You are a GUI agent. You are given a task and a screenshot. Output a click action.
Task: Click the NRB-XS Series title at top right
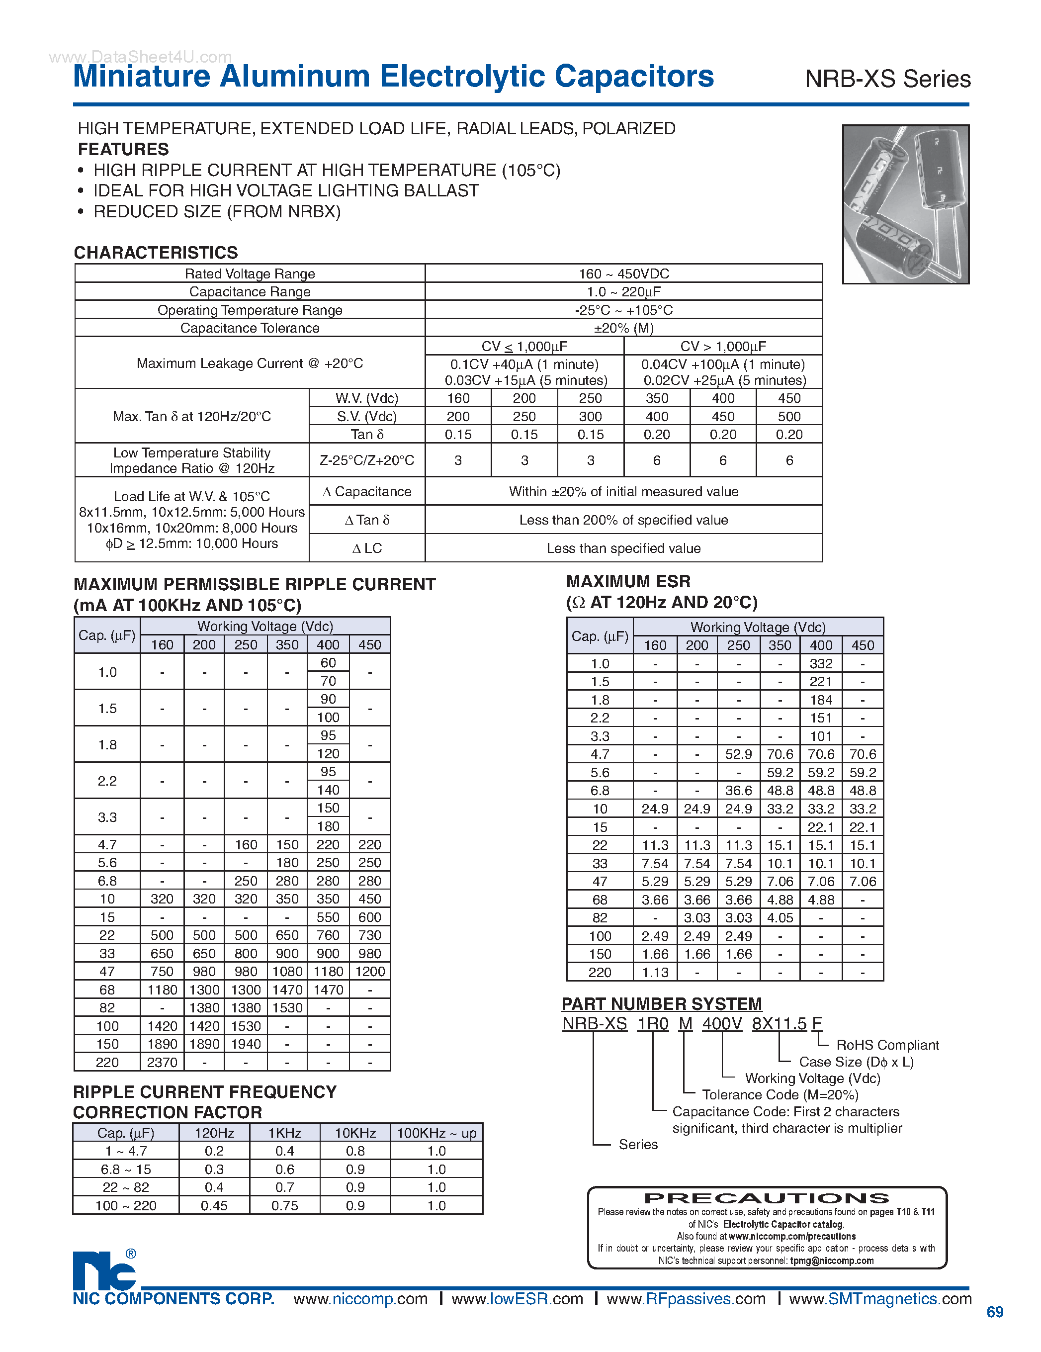click(x=887, y=79)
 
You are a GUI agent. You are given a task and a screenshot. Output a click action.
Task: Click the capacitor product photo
click(x=905, y=204)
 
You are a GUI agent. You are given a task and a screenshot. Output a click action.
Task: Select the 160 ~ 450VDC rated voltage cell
click(x=623, y=273)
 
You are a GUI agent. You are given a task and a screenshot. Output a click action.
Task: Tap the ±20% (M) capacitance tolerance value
click(x=623, y=328)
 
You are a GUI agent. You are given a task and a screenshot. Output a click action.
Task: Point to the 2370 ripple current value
click(x=162, y=1062)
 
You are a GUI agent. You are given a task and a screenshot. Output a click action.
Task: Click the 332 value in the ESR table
click(x=821, y=664)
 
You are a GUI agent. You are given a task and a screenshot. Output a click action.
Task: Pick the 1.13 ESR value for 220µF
click(x=655, y=973)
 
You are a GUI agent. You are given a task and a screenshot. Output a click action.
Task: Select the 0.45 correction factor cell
click(x=214, y=1205)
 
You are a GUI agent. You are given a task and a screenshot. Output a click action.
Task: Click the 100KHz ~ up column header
click(x=436, y=1133)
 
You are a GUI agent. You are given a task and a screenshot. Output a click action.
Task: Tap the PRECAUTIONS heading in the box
click(x=766, y=1198)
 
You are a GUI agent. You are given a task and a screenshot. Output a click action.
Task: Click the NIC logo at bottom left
click(x=104, y=1271)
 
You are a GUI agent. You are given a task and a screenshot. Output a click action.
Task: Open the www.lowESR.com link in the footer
click(x=517, y=1299)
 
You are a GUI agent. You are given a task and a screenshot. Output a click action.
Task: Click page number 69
click(x=995, y=1312)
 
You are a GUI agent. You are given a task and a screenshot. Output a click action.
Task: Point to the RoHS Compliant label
click(x=887, y=1045)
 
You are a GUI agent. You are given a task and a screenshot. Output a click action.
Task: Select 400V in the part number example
click(x=722, y=1024)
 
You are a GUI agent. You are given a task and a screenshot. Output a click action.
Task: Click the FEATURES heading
click(x=123, y=149)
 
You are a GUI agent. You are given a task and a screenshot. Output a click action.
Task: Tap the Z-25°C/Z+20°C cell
click(x=366, y=460)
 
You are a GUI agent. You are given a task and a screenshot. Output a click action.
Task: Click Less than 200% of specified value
click(x=623, y=520)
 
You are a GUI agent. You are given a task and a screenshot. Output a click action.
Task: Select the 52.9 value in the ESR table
click(x=738, y=754)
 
